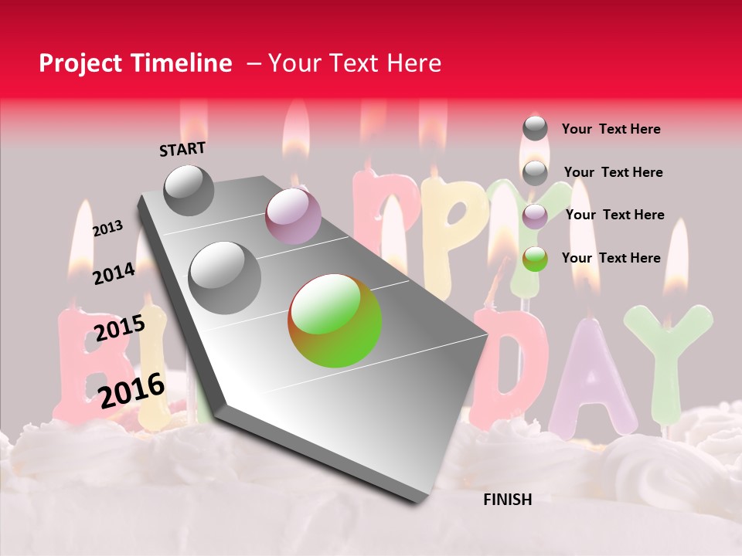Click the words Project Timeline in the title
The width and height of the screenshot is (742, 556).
tap(135, 63)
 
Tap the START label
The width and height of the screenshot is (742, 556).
tap(182, 149)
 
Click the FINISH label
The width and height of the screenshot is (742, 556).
tap(507, 500)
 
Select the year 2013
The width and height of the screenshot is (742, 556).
tap(108, 228)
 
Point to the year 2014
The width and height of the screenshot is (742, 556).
tap(114, 273)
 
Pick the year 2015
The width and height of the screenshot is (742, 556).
tap(120, 328)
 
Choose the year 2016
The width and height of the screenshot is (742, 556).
tap(132, 390)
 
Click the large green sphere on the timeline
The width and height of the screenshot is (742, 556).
tap(335, 320)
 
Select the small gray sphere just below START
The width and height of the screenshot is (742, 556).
tap(189, 190)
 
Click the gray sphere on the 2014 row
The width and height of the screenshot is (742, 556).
tap(225, 277)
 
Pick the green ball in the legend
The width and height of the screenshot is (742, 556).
tap(535, 259)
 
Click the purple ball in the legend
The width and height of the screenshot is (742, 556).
tap(535, 216)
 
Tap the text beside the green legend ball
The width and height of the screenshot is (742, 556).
tap(611, 258)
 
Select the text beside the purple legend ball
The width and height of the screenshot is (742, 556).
tap(614, 215)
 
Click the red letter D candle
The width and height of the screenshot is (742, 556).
tap(506, 363)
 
